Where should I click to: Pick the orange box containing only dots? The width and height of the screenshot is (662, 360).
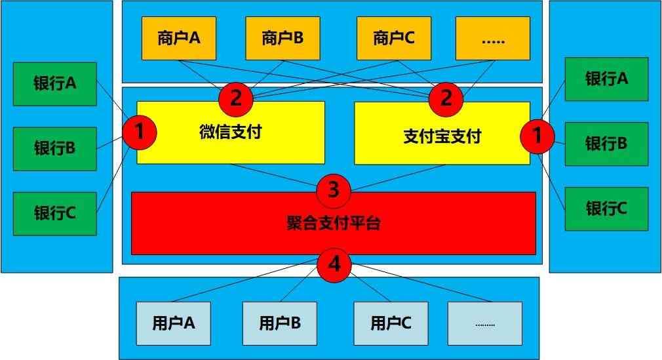tap(492, 38)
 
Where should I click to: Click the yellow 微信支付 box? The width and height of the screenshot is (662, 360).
tap(231, 132)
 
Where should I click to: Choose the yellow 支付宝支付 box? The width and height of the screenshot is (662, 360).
tap(442, 135)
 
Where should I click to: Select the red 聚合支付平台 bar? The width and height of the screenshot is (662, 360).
tap(333, 223)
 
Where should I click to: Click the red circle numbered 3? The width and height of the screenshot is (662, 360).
tap(334, 190)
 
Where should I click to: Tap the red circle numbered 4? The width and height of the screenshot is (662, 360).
tap(334, 265)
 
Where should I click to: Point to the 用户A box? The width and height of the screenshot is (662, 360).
tap(173, 323)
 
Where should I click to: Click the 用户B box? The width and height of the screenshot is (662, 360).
tap(280, 323)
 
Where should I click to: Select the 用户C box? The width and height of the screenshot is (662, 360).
tap(391, 323)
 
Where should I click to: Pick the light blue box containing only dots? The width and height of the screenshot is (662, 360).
tap(485, 323)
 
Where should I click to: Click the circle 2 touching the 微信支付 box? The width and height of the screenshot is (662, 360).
tap(236, 98)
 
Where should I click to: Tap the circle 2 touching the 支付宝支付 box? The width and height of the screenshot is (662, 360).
tap(446, 98)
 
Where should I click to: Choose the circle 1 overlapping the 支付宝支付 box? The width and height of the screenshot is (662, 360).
tap(537, 136)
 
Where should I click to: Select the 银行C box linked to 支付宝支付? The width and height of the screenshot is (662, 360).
tap(606, 209)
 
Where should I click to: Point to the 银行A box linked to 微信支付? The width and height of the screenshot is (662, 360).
tap(55, 84)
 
